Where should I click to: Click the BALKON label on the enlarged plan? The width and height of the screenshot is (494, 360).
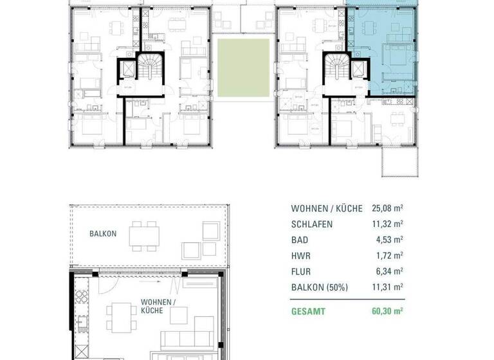[x=103, y=234]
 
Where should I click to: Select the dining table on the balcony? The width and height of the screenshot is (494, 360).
[x=144, y=237]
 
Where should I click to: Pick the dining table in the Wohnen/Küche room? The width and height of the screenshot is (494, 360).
[x=119, y=317]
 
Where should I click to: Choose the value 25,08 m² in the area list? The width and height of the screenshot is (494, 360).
[x=385, y=209]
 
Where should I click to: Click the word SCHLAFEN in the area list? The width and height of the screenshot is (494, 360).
[x=312, y=224]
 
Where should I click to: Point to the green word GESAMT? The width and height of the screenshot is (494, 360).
[x=308, y=311]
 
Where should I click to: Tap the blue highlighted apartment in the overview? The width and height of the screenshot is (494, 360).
[x=382, y=51]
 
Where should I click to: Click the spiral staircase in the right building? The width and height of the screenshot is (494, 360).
[x=335, y=65]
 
